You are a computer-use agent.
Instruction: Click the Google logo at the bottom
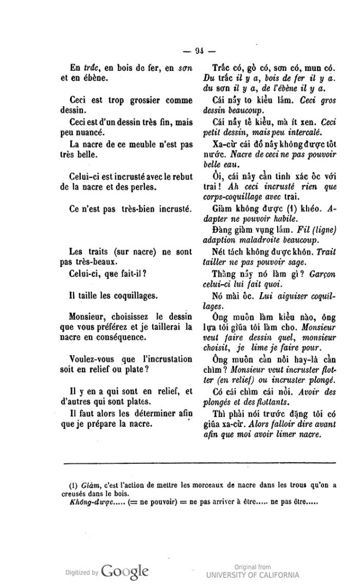125,572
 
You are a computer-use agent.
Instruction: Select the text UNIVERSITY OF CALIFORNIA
252,575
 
